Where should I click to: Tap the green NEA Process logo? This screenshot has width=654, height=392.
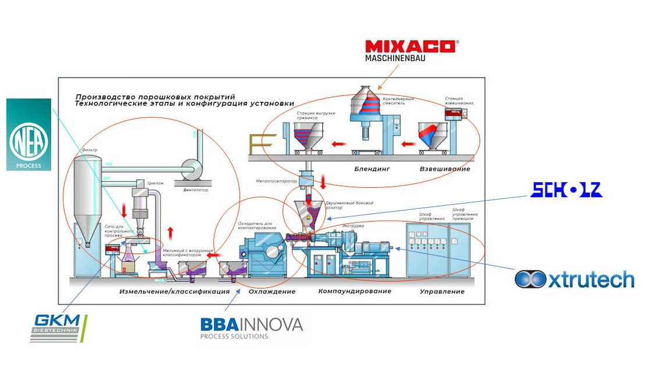(x=28, y=135)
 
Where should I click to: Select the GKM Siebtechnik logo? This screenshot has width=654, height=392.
(x=59, y=328)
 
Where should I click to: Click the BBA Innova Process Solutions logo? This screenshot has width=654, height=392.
(x=251, y=327)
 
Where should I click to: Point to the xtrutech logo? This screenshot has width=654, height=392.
(x=574, y=280)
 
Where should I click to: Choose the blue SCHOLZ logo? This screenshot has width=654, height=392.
(x=566, y=190)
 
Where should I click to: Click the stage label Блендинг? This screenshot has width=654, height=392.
(x=372, y=169)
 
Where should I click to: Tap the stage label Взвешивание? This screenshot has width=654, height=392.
(x=445, y=169)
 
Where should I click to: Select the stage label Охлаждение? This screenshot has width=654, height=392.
(x=272, y=291)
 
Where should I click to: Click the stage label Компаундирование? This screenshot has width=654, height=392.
(x=355, y=291)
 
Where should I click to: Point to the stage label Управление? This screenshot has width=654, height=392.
(x=442, y=291)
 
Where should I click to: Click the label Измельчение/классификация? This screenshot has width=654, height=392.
(x=174, y=291)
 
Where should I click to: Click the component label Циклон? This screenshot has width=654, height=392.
(x=156, y=183)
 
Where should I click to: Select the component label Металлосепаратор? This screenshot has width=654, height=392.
(x=277, y=181)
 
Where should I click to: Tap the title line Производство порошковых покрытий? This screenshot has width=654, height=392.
(x=155, y=97)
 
